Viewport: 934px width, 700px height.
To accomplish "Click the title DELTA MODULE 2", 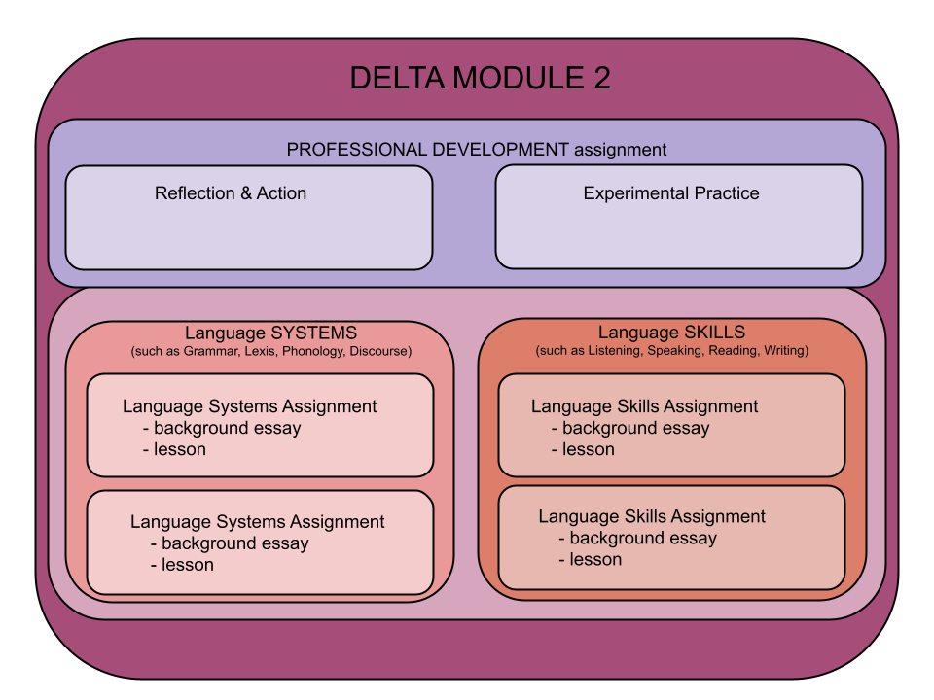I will coord(480,79).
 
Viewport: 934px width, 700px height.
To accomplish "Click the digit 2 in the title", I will coord(600,79).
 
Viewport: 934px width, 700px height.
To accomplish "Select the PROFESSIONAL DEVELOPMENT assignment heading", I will coord(477,150).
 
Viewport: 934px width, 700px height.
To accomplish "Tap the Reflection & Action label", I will coord(231,193).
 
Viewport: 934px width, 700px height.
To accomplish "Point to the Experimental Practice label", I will coord(671,193).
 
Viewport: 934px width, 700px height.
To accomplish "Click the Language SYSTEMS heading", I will coord(271,332).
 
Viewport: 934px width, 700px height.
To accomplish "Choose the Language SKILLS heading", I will coord(671,332).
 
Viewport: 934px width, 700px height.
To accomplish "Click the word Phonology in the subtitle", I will coord(313,351).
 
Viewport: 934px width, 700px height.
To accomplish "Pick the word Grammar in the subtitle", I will coord(207,351).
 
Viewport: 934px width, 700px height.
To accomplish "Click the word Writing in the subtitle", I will coord(785,350).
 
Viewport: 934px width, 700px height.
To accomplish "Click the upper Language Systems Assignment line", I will coord(249,406).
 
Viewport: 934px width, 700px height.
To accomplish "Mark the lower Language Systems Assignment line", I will coord(257,522).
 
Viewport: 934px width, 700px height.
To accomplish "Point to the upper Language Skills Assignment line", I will coord(644,406).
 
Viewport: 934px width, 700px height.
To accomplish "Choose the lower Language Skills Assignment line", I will coord(652,516).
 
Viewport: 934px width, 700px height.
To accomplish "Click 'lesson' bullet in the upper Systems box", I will coord(180,449).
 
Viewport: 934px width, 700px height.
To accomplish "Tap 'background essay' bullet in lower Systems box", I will coord(234,543).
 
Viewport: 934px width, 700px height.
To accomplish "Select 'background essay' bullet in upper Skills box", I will coord(635,428).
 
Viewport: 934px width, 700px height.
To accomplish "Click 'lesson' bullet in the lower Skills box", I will coord(595,559).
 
